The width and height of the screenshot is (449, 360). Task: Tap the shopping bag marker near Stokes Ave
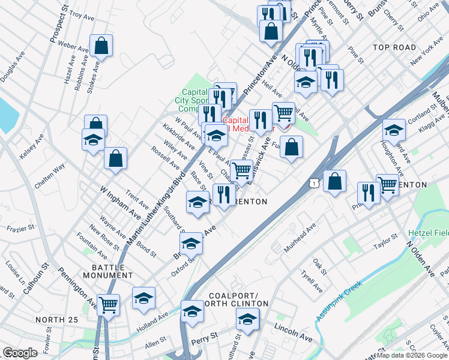point(101,46)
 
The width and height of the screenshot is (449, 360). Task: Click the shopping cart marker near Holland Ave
point(109,305)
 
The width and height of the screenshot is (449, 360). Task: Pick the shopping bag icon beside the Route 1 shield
point(334,181)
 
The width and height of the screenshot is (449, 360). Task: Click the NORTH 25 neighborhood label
point(56,320)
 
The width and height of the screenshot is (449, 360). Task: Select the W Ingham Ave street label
point(120,202)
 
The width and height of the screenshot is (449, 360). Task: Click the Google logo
point(20,353)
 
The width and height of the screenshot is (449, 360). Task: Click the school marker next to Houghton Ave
point(394,130)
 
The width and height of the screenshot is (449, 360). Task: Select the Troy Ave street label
point(83,13)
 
